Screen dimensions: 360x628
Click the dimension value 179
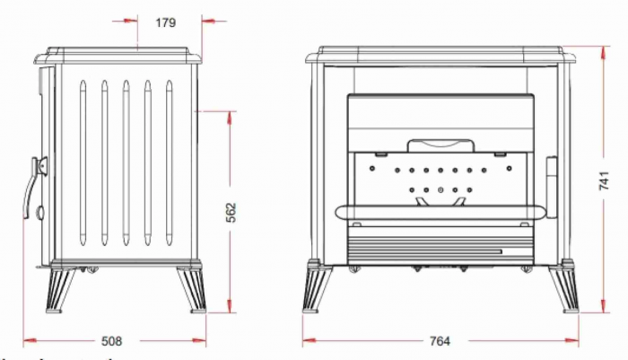coord(165,23)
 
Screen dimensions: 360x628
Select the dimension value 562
coord(231,212)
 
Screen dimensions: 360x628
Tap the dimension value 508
coord(112,341)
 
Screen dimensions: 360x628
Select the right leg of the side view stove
coord(192,289)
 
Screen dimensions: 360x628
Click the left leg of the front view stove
coord(318,287)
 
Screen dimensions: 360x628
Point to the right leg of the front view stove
coord(568,287)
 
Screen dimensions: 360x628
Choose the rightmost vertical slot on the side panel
coord(169,162)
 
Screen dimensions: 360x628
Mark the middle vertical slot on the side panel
coord(126,162)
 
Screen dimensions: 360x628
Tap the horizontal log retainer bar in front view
coord(440,212)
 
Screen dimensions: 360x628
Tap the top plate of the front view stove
coord(440,57)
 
